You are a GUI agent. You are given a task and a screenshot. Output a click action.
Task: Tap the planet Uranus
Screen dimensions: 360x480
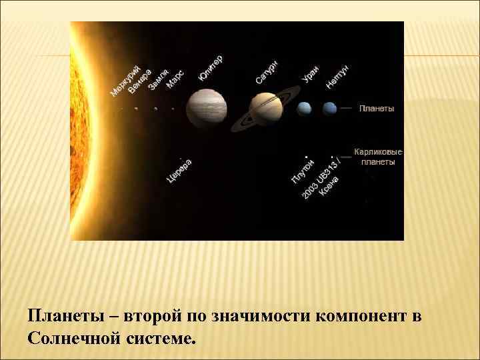click(305, 108)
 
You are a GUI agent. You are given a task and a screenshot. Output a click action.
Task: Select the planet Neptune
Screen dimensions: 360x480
click(329, 108)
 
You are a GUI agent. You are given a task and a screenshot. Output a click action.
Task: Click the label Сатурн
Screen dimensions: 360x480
click(267, 72)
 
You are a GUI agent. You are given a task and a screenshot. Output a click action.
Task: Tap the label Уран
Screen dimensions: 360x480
click(311, 73)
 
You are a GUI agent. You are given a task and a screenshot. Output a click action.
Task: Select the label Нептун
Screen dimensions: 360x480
click(338, 77)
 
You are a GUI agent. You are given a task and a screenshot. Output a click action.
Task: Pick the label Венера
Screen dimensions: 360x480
click(141, 79)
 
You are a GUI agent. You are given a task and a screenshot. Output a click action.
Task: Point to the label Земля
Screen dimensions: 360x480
click(158, 79)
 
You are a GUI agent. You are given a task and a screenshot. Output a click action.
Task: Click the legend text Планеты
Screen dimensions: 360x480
click(377, 108)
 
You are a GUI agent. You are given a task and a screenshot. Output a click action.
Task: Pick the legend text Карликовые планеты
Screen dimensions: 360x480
click(378, 156)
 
